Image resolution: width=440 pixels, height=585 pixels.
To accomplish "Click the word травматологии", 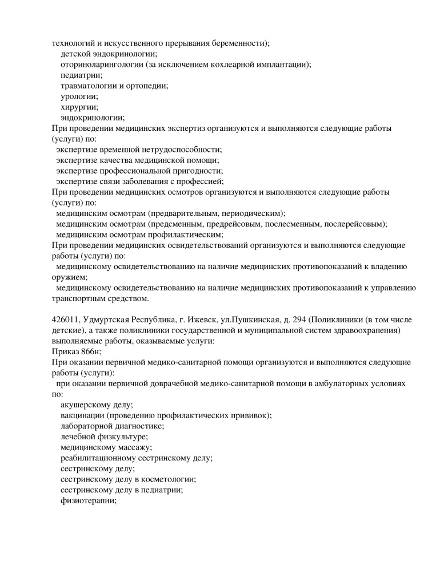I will click(89, 86).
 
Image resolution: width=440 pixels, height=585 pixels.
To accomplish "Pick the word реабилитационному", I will click(103, 458).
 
